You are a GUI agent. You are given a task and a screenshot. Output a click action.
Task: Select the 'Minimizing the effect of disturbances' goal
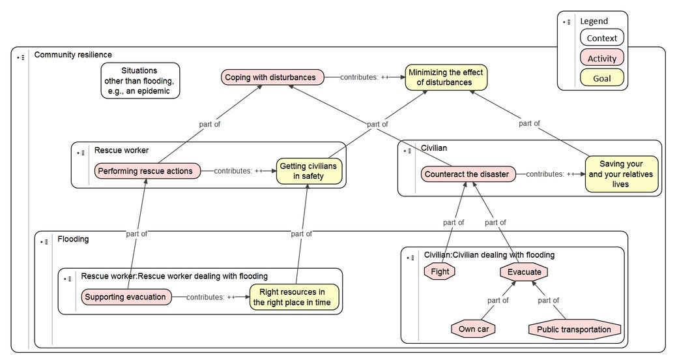coord(446,78)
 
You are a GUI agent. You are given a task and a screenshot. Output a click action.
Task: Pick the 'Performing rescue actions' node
coord(147,171)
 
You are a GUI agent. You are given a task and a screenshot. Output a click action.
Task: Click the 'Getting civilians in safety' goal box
coord(309,171)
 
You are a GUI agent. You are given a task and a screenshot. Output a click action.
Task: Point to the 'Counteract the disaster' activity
coord(468,174)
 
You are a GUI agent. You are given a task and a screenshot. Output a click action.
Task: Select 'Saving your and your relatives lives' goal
coord(622,174)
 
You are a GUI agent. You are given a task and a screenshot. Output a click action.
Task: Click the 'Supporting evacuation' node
coord(126,297)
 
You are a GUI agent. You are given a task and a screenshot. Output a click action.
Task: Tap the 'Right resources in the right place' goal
coord(295,297)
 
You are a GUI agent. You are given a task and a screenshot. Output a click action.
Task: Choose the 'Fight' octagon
coord(440,271)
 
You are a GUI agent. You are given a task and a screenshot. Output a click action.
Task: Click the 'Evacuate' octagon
coord(524,272)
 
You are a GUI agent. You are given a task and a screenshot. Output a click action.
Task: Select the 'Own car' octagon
coord(473,329)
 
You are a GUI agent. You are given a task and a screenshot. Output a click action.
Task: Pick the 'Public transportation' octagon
coord(575,329)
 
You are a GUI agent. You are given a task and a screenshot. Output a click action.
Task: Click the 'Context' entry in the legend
coord(602,38)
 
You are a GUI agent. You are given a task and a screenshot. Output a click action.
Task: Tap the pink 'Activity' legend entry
coord(602,58)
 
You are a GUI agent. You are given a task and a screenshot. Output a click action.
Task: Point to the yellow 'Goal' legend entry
coord(602,78)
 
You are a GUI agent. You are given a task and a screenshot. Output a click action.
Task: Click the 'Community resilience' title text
coord(73,55)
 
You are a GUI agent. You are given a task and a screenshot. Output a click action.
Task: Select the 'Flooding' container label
coord(73,239)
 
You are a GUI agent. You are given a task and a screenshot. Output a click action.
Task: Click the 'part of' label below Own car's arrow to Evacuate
coord(498,300)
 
